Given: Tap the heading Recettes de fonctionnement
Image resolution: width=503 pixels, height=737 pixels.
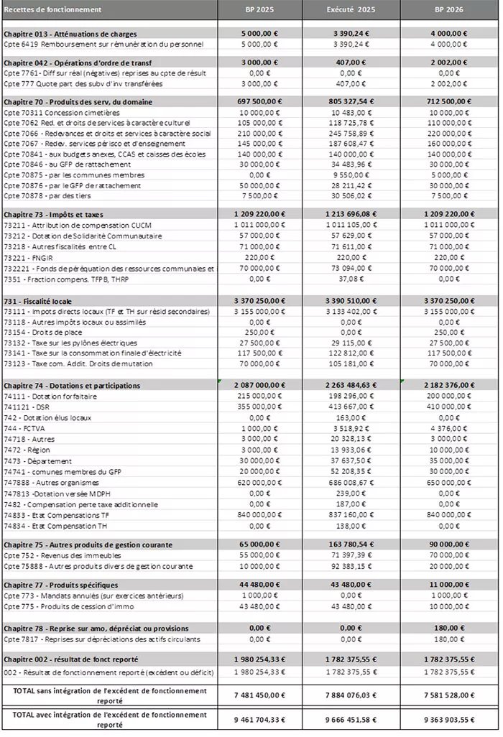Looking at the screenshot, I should [53, 9].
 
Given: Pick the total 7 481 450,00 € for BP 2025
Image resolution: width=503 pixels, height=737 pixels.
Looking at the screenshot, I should [254, 695].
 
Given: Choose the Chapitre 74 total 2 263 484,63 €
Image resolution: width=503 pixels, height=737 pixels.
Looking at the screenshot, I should [351, 386].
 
